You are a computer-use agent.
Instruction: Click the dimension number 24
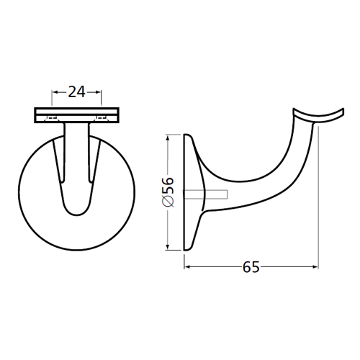point(76,91)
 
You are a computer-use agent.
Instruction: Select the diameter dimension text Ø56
point(166,192)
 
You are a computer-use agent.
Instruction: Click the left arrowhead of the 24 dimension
point(55,92)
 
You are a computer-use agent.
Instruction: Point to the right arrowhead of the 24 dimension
point(98,92)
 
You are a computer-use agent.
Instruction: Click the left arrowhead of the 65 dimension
point(189,266)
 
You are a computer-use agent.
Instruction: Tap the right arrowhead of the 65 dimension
point(315,266)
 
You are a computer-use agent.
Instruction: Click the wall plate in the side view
point(189,192)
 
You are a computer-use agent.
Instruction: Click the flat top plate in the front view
point(76,114)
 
